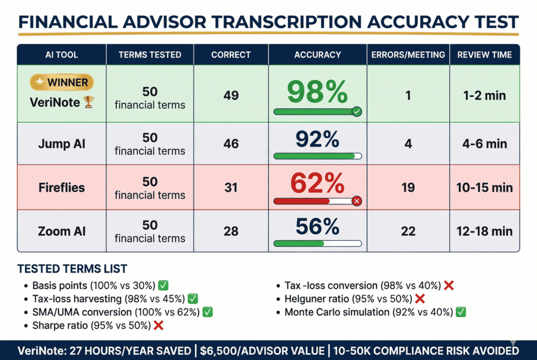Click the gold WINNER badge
tap(62, 82)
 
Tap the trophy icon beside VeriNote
tap(88, 102)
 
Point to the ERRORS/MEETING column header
tap(408, 54)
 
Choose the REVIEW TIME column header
tap(485, 54)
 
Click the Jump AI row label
tap(61, 144)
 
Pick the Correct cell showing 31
tap(231, 188)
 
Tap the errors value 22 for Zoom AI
tap(408, 231)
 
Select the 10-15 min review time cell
tap(485, 188)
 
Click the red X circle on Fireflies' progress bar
tap(357, 201)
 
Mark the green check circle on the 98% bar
tap(357, 111)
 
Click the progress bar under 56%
tap(317, 243)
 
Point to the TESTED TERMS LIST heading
tap(72, 269)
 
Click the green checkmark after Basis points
tap(163, 286)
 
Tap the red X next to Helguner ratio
tap(420, 299)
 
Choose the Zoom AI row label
tap(61, 231)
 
